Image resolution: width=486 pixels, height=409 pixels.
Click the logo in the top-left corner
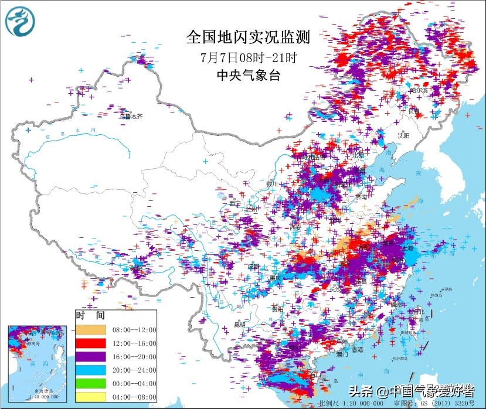click(x=20, y=21)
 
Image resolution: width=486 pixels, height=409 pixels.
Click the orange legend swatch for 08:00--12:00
click(x=90, y=330)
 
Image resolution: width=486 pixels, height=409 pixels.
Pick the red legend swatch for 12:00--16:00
click(x=90, y=343)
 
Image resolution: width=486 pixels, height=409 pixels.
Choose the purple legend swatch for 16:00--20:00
click(x=90, y=356)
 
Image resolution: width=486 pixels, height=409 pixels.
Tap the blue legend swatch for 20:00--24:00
click(x=90, y=370)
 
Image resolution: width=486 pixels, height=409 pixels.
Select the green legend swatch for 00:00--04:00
click(x=90, y=383)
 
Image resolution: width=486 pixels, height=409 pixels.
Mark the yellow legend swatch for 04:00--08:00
click(x=90, y=397)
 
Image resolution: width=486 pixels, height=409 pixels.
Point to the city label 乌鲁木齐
click(x=131, y=117)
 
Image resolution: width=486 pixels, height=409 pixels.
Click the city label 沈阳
click(x=403, y=135)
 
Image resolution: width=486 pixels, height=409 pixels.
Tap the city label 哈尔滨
click(x=419, y=91)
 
